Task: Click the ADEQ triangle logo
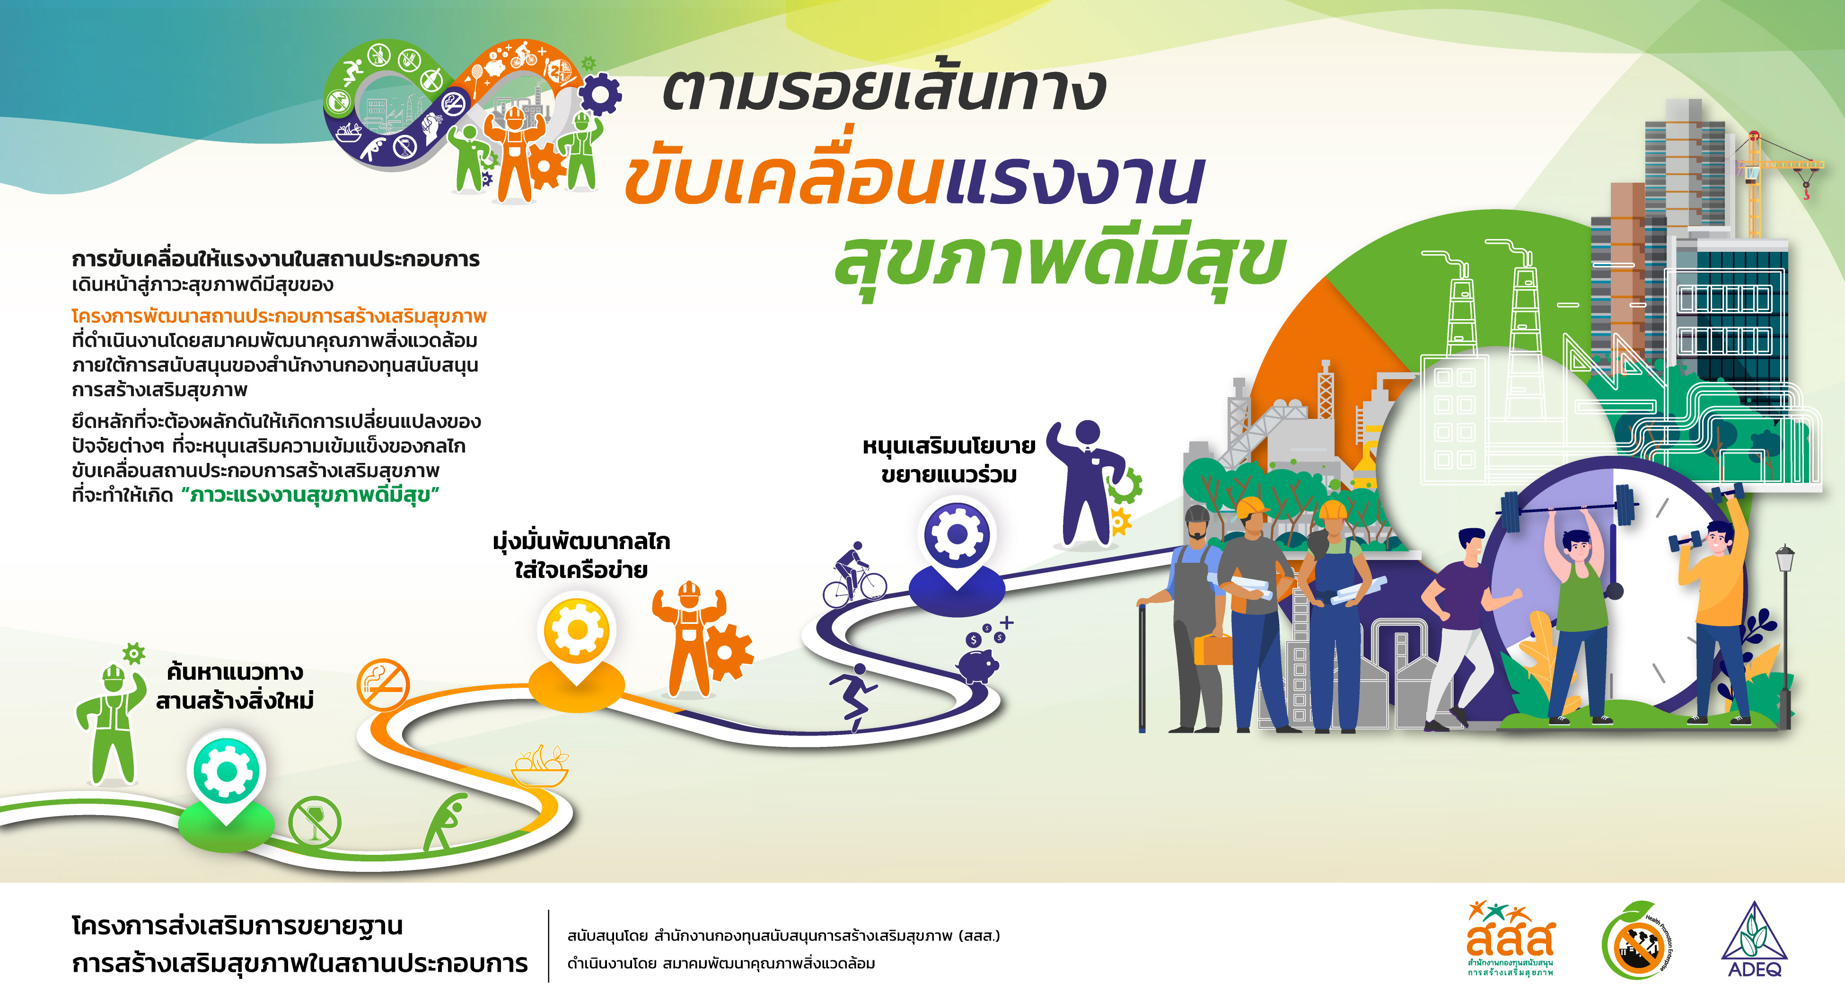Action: click(x=1754, y=939)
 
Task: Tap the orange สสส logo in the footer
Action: click(x=1510, y=939)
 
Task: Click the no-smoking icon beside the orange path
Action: click(x=383, y=685)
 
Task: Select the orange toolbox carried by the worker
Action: click(x=1212, y=648)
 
